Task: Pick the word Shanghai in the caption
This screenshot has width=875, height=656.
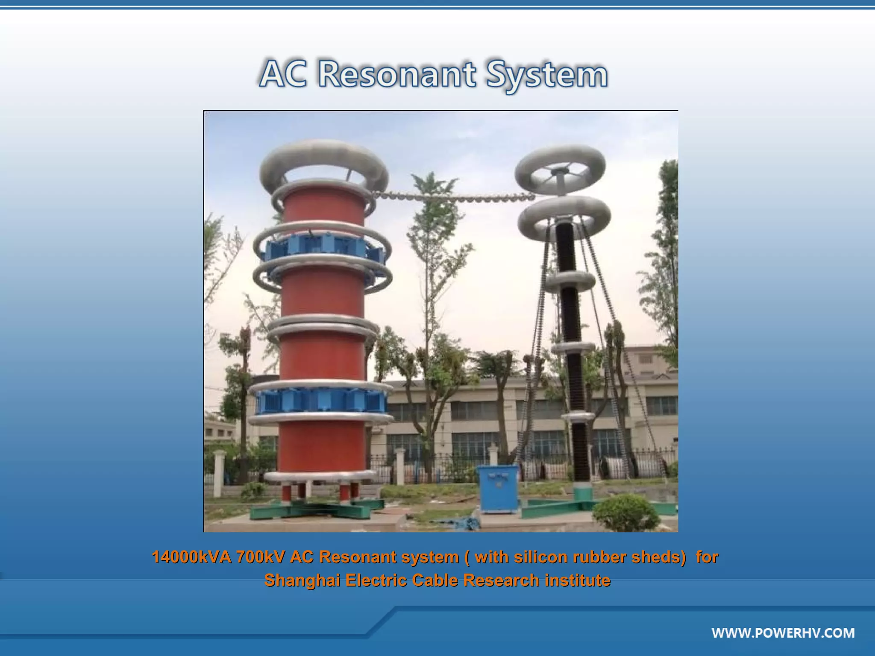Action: point(302,580)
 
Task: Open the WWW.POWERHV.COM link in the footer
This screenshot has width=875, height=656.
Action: point(783,633)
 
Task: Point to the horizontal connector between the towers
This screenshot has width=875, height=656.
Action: point(453,197)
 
